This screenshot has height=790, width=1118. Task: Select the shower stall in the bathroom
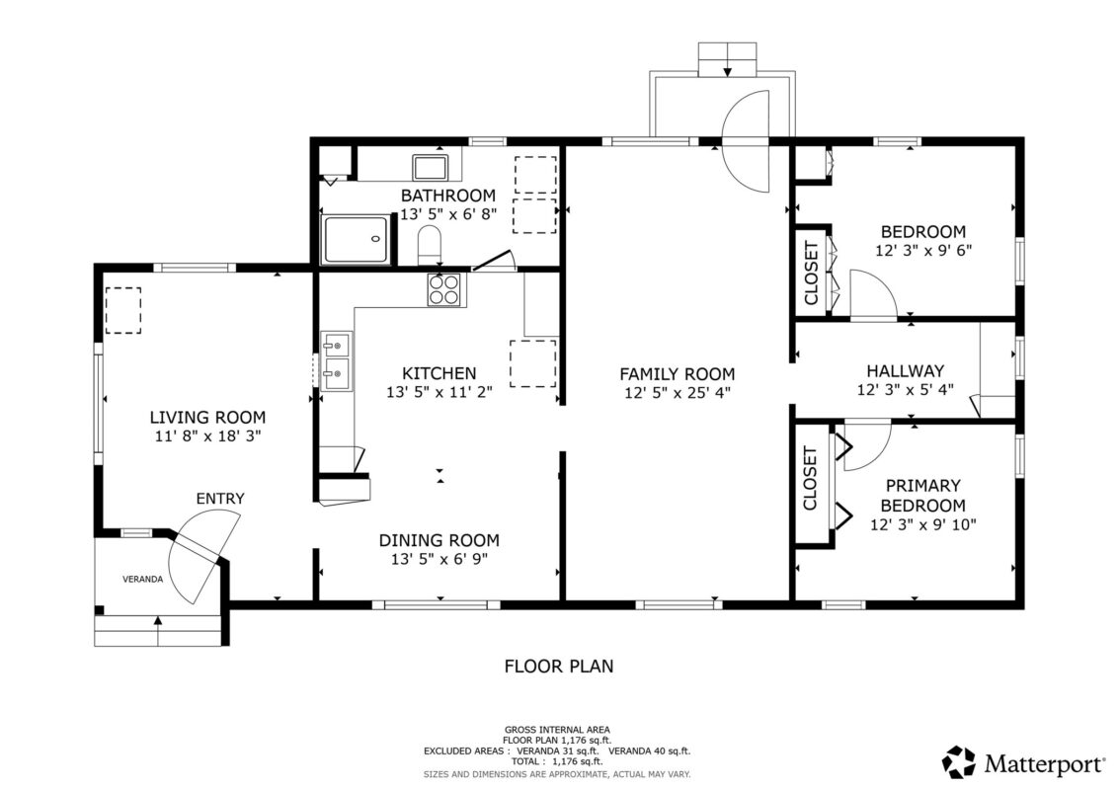[x=357, y=239]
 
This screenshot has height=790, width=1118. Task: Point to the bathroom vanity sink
[x=431, y=166]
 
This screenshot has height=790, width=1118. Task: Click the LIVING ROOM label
[x=207, y=418]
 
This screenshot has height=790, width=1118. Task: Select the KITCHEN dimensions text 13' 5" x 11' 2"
[x=439, y=392]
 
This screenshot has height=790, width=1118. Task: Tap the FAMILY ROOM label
[x=677, y=373]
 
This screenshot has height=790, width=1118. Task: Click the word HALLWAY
[x=905, y=371]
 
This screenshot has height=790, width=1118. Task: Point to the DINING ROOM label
[x=439, y=540]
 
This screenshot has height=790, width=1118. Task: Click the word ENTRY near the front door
[x=219, y=499]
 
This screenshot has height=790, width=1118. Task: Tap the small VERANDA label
[x=142, y=579]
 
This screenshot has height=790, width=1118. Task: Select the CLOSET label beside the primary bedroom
[x=811, y=478]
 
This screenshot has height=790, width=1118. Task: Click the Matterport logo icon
[x=958, y=762]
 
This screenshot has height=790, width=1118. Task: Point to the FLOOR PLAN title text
[x=558, y=666]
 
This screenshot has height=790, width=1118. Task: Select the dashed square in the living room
[x=123, y=311]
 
